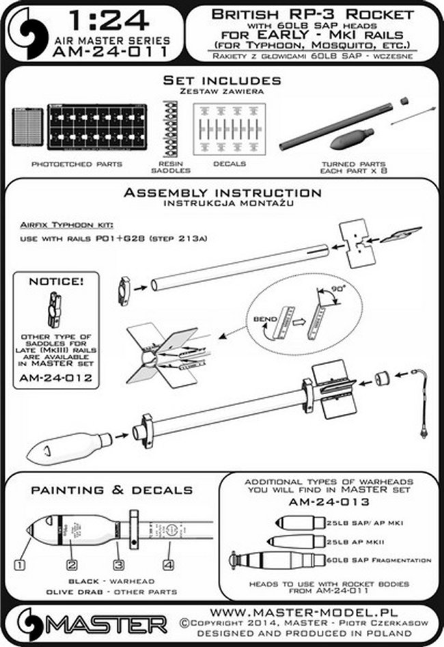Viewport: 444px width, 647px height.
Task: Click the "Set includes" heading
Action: click(221, 81)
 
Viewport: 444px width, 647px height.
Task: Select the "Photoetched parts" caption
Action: click(67, 165)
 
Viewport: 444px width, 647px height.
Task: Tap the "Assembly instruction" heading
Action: click(221, 193)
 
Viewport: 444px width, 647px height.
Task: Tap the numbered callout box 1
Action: click(20, 565)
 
